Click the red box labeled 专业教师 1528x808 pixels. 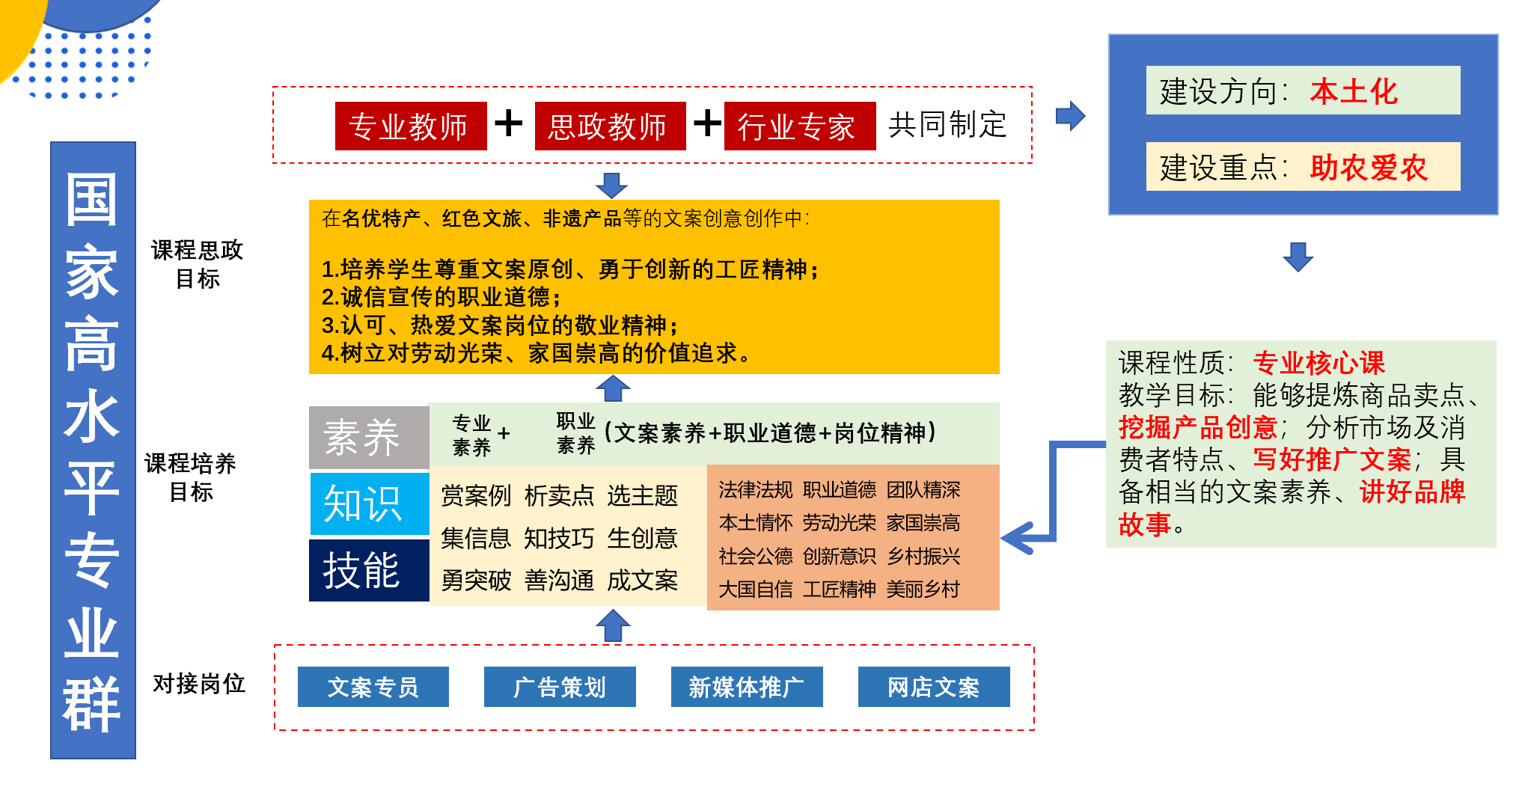[x=410, y=126]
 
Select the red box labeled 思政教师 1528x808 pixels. [x=610, y=126]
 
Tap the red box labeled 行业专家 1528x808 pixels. [x=799, y=126]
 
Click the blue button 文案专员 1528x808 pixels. [x=373, y=687]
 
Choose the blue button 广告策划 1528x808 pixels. [x=560, y=687]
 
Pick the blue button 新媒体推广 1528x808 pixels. [x=747, y=687]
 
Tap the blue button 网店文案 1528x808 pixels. [x=934, y=687]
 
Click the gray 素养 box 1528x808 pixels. [x=368, y=437]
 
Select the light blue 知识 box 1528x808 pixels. [x=368, y=504]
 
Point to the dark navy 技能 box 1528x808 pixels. [x=368, y=570]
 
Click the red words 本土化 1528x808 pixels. [x=1354, y=91]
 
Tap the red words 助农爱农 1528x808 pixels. [x=1369, y=168]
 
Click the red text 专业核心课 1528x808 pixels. [x=1318, y=363]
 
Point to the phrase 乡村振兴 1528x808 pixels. [x=923, y=557]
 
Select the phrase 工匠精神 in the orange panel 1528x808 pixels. [x=839, y=590]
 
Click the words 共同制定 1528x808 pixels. [x=947, y=125]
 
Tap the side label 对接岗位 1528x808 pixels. [x=199, y=683]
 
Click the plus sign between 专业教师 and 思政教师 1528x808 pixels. [x=509, y=123]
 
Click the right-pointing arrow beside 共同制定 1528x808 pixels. [x=1071, y=116]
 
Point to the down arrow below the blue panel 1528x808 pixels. [x=1298, y=256]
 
